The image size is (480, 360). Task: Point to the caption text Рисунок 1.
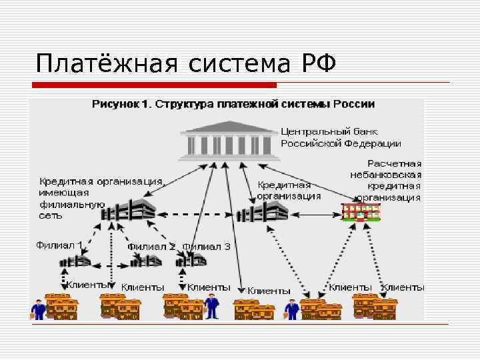122,105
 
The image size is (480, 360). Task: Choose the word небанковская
386,175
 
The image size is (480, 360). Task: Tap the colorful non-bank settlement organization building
361,211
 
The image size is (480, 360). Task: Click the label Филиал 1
59,245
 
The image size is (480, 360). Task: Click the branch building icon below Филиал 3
189,262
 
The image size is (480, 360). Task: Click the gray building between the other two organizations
263,212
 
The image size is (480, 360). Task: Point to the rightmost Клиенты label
403,287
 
